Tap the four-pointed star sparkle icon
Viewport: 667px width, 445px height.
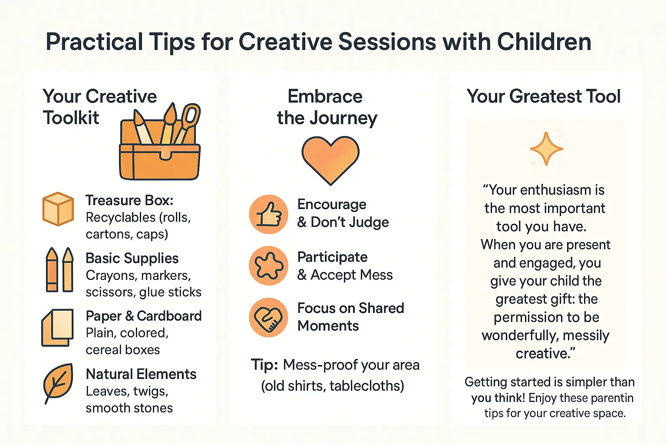pos(546,149)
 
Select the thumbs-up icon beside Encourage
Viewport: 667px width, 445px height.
pos(268,214)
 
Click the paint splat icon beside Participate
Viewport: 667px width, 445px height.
pos(268,266)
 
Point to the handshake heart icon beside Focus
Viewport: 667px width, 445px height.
pos(268,317)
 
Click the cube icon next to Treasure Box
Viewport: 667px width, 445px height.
pos(58,209)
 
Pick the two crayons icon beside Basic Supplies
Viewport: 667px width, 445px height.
pos(59,269)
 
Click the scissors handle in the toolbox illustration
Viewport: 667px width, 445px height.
pos(191,116)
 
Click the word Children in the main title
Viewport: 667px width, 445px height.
pos(544,42)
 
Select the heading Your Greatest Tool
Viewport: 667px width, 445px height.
pos(543,96)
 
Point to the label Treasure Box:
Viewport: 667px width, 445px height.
pos(129,200)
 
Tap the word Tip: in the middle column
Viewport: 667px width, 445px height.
pos(264,365)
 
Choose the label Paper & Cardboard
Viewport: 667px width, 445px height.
pos(143,316)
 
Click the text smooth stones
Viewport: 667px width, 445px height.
pos(129,408)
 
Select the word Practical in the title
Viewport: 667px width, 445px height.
pos(94,42)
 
